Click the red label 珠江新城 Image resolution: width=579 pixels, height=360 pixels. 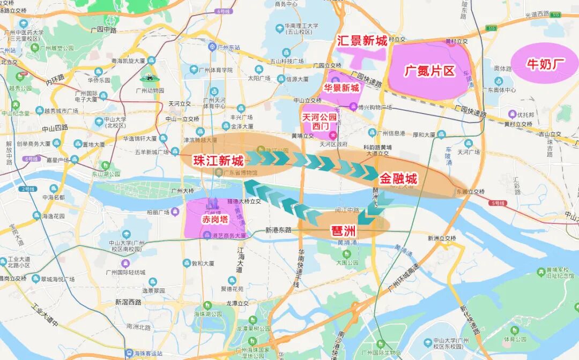(x=218, y=160)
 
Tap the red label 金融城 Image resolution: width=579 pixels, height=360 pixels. (x=398, y=178)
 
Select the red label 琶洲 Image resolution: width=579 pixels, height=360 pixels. (x=344, y=231)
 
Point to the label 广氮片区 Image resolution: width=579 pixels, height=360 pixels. (x=429, y=71)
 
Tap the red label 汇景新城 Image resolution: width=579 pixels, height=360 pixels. (x=362, y=41)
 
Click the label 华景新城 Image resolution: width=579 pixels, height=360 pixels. (x=341, y=88)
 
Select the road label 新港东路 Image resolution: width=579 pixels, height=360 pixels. (x=279, y=230)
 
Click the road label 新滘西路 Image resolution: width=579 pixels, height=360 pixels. (x=128, y=302)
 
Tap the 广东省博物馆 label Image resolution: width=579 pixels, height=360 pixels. (x=240, y=172)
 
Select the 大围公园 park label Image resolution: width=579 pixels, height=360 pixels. (x=347, y=262)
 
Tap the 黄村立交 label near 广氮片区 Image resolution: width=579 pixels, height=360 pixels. (x=457, y=41)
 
